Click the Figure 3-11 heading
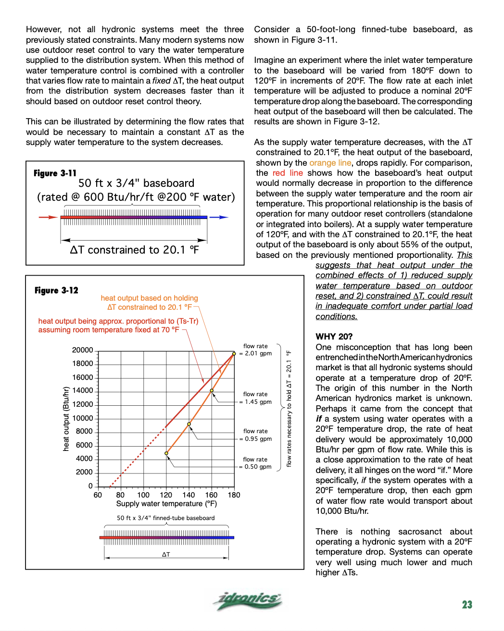(55, 173)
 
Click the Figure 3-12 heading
(56, 290)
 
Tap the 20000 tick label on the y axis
(83, 350)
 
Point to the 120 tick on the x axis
(166, 495)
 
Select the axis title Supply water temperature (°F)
(166, 504)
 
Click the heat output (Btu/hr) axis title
(66, 419)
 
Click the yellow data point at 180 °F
(234, 353)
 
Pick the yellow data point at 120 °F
(166, 453)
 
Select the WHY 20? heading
(334, 337)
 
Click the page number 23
(467, 605)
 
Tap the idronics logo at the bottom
(249, 600)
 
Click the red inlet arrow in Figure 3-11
(48, 217)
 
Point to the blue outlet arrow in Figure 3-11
(219, 217)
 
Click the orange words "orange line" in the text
(330, 163)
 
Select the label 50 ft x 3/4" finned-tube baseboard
(165, 518)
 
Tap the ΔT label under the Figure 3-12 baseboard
(166, 554)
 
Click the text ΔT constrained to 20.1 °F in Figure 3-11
(134, 250)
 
